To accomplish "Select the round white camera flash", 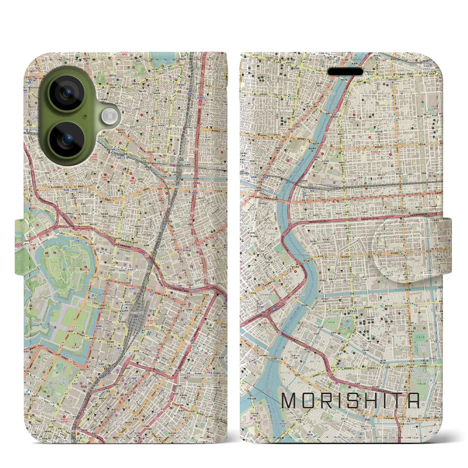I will point(109,116).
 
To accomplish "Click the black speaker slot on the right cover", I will point(345,72).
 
